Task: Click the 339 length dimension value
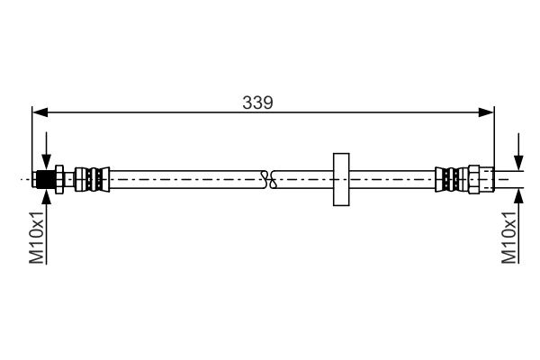(257, 102)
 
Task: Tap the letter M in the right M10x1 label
(508, 257)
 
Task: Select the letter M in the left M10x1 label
(37, 257)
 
